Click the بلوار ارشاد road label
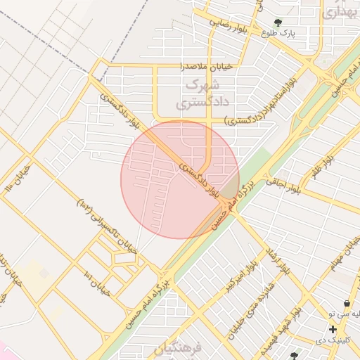276,262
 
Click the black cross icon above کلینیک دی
332,329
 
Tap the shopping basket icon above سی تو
347,302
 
